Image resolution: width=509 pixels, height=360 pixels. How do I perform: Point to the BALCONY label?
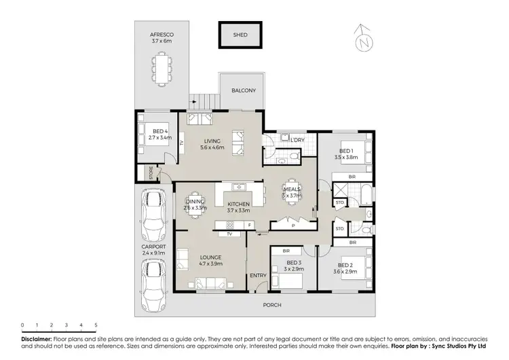point(242,90)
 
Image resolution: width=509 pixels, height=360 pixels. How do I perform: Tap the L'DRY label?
point(296,140)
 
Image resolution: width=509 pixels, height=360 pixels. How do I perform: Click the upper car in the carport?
point(154,212)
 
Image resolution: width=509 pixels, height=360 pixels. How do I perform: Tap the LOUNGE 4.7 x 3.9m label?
point(211,261)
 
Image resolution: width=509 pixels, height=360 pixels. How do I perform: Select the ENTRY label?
point(258,275)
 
